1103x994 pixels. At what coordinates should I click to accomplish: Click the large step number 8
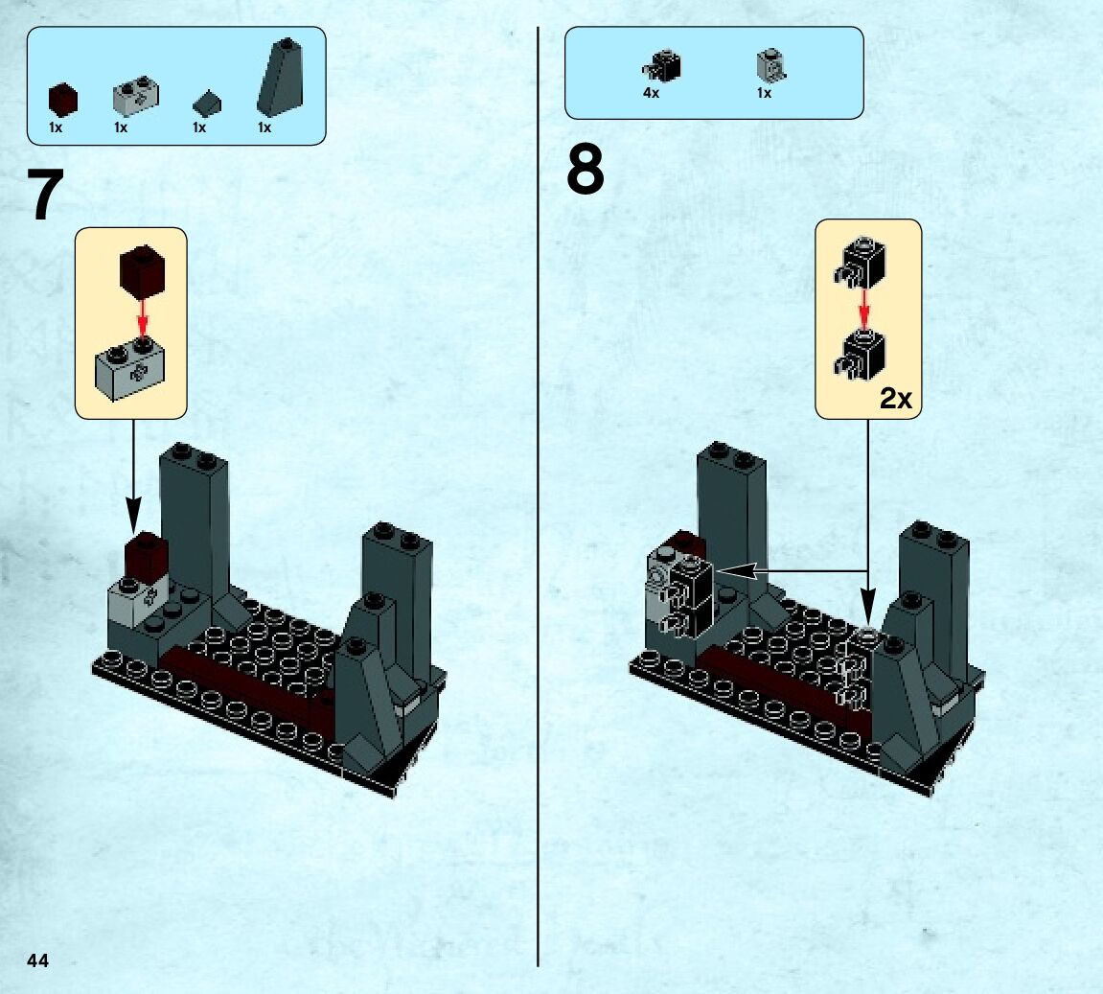(586, 171)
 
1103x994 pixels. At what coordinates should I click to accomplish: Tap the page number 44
(38, 960)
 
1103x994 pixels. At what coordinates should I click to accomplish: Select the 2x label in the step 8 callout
(895, 399)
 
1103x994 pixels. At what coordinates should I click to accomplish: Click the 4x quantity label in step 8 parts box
(652, 93)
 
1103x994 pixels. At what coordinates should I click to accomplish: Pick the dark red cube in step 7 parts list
(63, 100)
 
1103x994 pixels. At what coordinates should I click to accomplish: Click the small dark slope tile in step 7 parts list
(207, 102)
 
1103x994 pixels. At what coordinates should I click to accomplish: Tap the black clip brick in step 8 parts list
(662, 66)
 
